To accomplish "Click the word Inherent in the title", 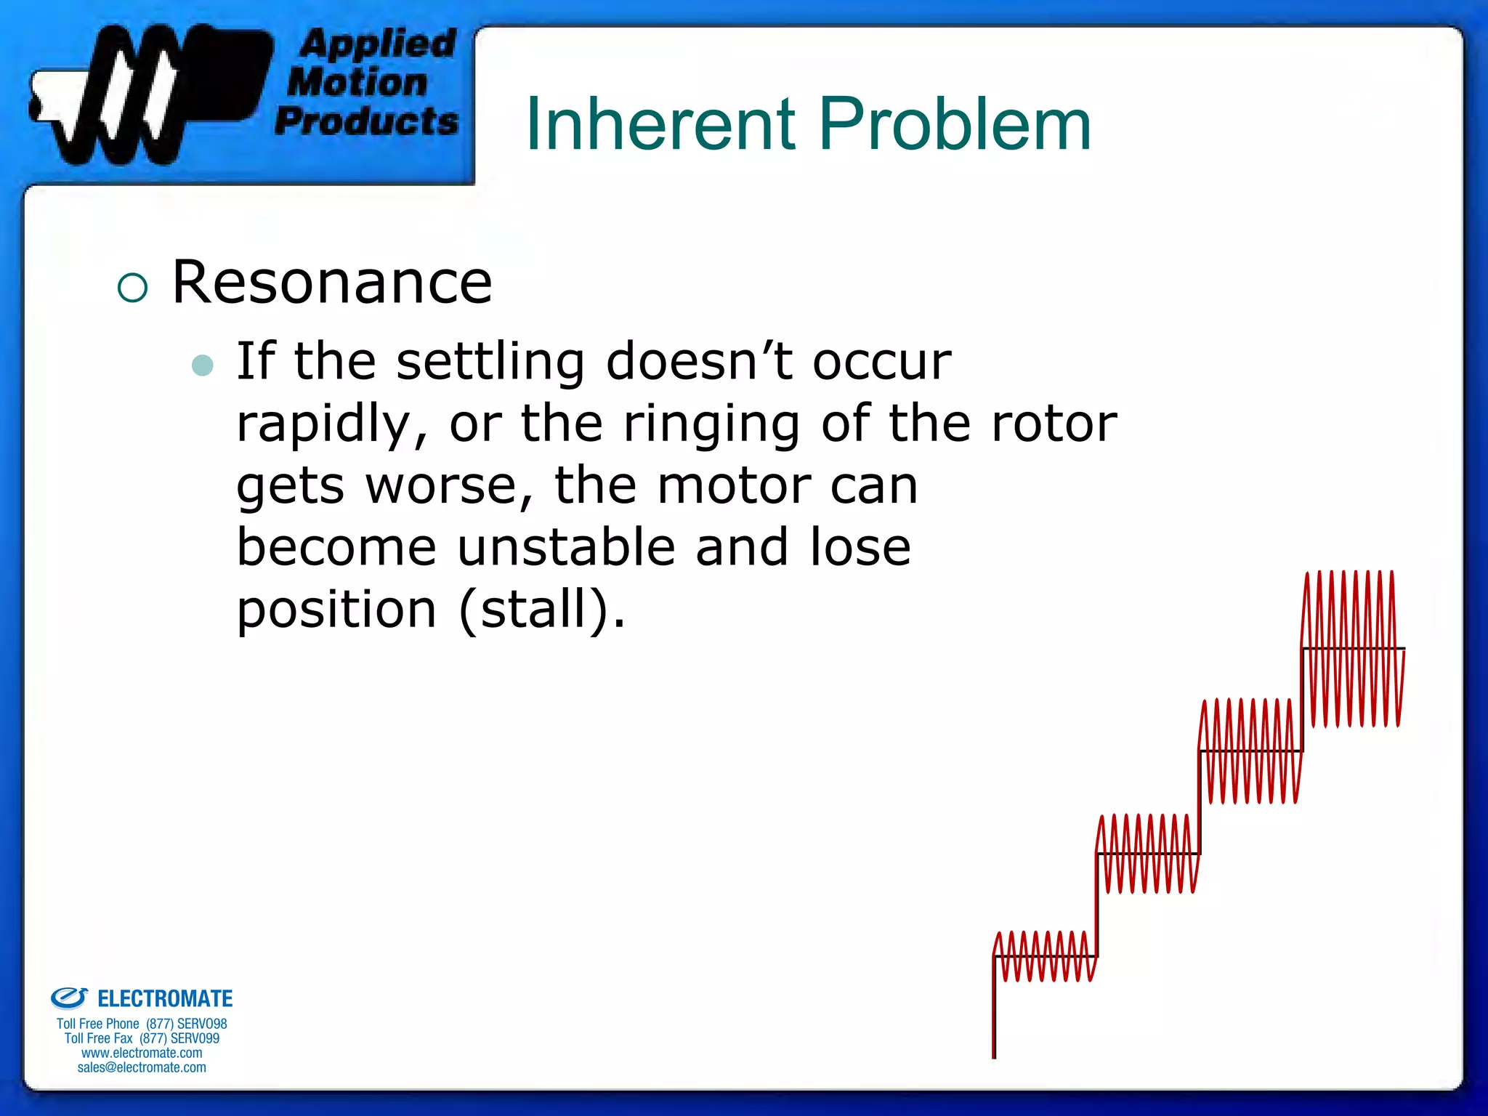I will point(660,125).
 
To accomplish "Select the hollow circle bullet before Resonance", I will point(132,288).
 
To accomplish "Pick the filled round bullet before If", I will point(203,365).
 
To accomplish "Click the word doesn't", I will point(698,361).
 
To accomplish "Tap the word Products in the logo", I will point(367,121).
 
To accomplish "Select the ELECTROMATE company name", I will point(164,999).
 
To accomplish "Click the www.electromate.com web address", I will point(142,1053).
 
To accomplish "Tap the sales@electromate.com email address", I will point(142,1067).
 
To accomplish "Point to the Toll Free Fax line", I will point(142,1038).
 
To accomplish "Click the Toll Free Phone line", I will point(142,1024).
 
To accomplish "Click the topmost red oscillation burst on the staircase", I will point(1352,648).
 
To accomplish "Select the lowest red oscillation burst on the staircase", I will point(1045,956).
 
